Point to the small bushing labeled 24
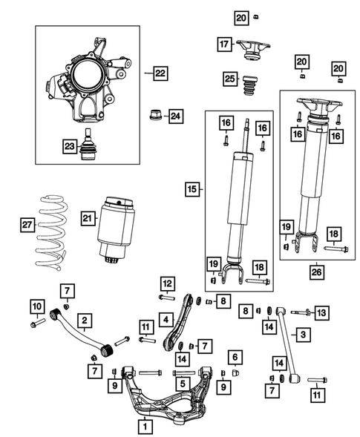click(x=156, y=116)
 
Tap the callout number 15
click(x=192, y=191)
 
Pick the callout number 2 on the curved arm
click(x=86, y=321)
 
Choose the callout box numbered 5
click(x=180, y=384)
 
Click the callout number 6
click(x=234, y=358)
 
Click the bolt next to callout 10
click(x=35, y=323)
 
